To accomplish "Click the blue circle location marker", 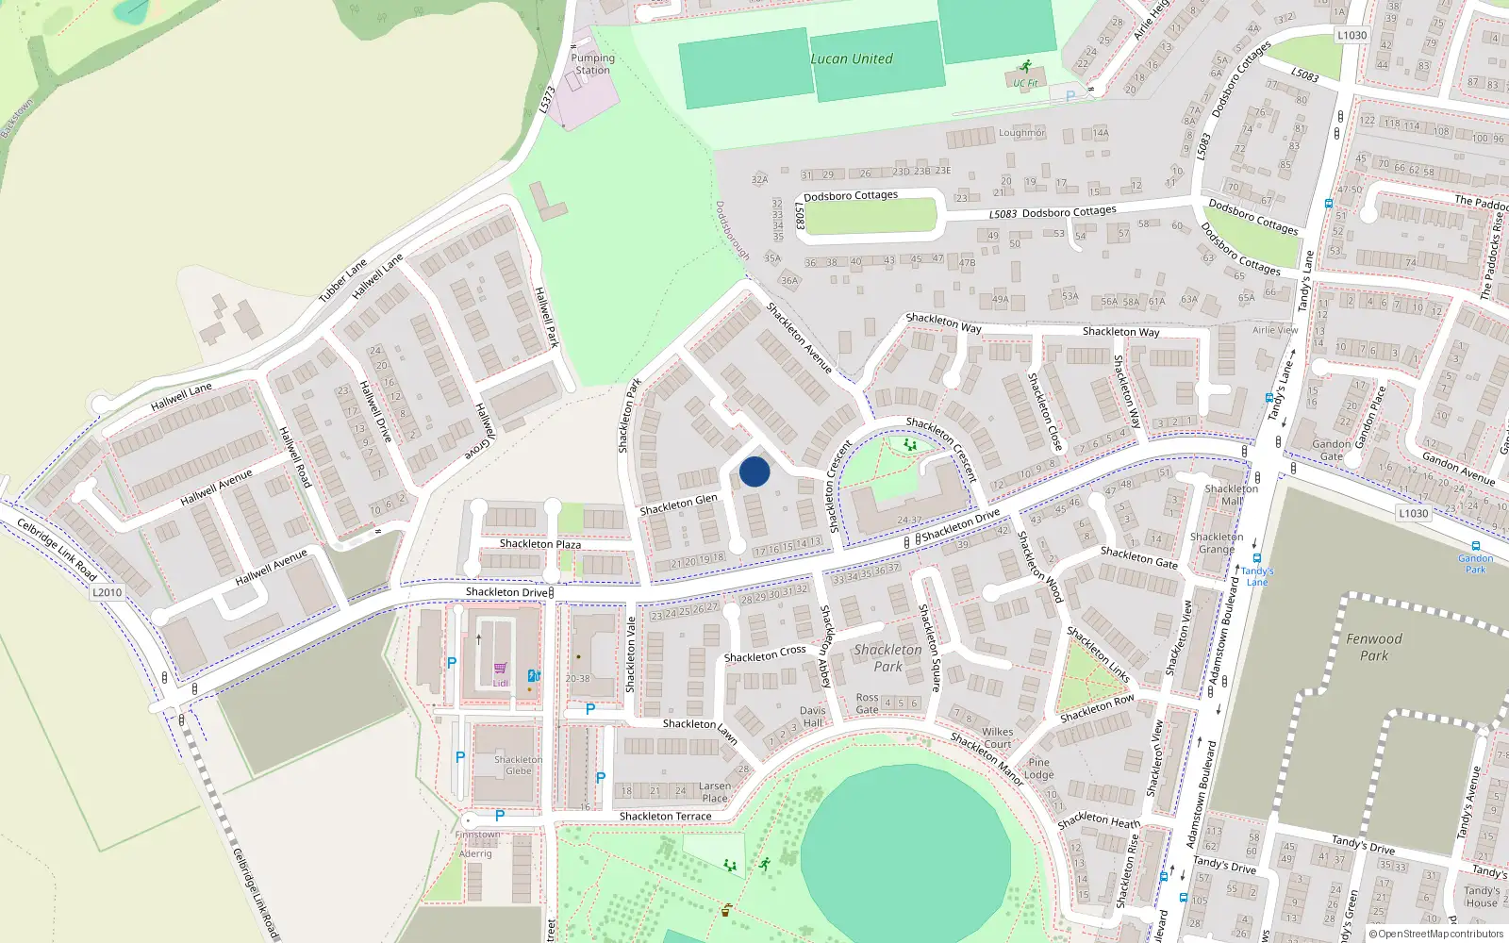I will coord(754,471).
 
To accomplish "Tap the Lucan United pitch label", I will coord(852,58).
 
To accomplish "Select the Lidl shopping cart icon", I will coord(500,669).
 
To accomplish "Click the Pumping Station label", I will coord(592,64).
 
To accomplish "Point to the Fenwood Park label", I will coord(1374,647).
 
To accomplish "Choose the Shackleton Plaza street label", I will coord(540,544).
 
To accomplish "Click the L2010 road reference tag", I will coord(107,592).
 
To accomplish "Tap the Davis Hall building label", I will coord(812,717).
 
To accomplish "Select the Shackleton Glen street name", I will coord(679,505).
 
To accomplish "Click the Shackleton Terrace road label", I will coord(666,817).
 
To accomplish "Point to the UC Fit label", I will coord(1026,83).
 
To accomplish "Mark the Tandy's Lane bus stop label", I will coord(1257,576).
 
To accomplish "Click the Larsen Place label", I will coord(715,792).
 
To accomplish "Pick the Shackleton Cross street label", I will coord(765,653).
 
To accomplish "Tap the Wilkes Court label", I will coord(997,737).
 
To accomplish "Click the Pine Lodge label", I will coord(1039,769).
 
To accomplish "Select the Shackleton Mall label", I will coord(1231,495).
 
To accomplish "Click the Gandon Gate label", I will coord(1332,450).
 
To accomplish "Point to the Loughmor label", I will coord(1021,133).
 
